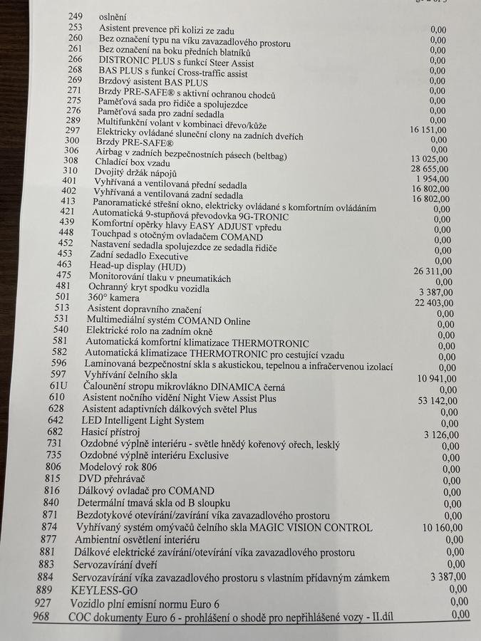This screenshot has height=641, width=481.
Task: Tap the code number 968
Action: pyautogui.click(x=41, y=616)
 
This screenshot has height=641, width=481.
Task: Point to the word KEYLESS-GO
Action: pyautogui.click(x=104, y=590)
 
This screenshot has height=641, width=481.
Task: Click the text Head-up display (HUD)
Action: pyautogui.click(x=127, y=265)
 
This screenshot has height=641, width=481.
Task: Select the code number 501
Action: pyautogui.click(x=63, y=296)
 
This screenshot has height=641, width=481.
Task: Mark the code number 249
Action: pyautogui.click(x=76, y=16)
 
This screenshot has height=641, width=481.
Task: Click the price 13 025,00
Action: pyautogui.click(x=430, y=159)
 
